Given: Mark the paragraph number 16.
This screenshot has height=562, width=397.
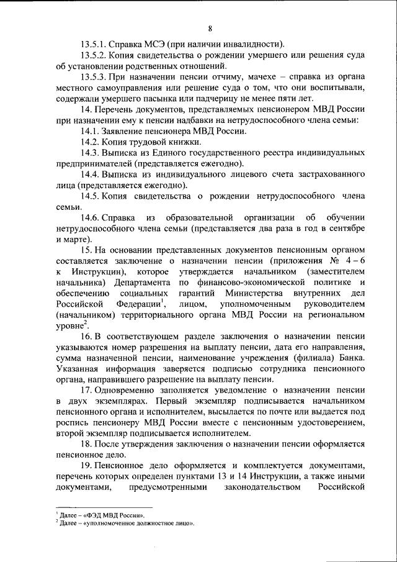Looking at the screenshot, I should pos(87,337).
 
